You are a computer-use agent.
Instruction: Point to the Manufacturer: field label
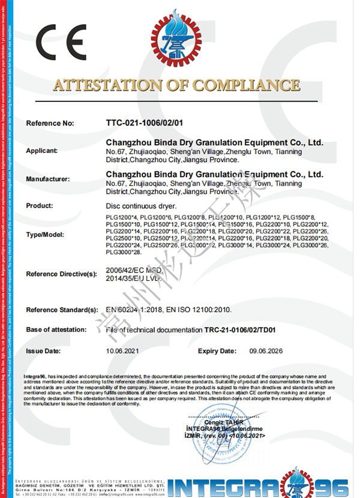point(48,179)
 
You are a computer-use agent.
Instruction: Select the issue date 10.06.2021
point(122,350)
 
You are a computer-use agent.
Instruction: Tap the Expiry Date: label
point(218,350)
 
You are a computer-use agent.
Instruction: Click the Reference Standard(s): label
point(62,310)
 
